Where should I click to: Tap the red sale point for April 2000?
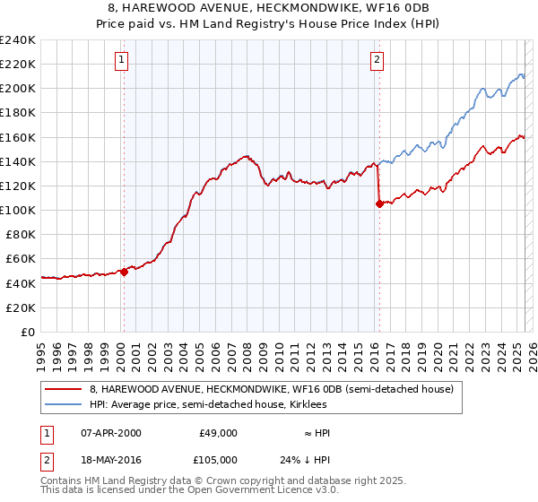[x=125, y=273]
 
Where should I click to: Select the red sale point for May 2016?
[x=379, y=204]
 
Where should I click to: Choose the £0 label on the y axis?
[x=28, y=332]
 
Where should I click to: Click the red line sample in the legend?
[x=64, y=389]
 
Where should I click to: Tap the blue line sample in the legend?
[x=64, y=405]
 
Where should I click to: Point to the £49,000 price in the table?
[x=218, y=433]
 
